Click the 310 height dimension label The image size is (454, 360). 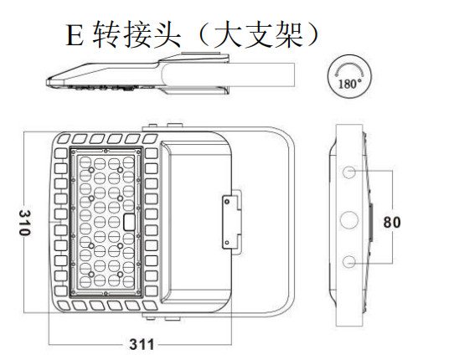(x=25, y=223)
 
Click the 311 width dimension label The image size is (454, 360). (x=142, y=344)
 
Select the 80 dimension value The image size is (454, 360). (x=392, y=222)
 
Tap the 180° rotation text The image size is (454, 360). (x=350, y=84)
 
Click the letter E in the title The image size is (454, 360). (x=75, y=36)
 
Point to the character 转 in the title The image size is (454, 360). (x=106, y=34)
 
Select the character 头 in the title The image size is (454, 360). (x=168, y=34)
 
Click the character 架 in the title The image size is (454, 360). (x=290, y=34)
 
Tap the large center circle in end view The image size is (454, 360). (x=349, y=219)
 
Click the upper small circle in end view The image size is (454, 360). (x=349, y=172)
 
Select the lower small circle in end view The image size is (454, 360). (x=349, y=261)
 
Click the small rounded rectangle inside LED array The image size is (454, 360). (x=130, y=222)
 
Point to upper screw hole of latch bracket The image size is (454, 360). (x=227, y=202)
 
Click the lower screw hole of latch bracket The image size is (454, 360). (x=227, y=243)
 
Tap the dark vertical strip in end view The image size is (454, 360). (x=370, y=222)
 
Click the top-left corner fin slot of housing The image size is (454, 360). (x=64, y=139)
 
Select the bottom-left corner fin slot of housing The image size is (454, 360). (x=64, y=306)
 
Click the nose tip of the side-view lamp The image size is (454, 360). (x=47, y=82)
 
